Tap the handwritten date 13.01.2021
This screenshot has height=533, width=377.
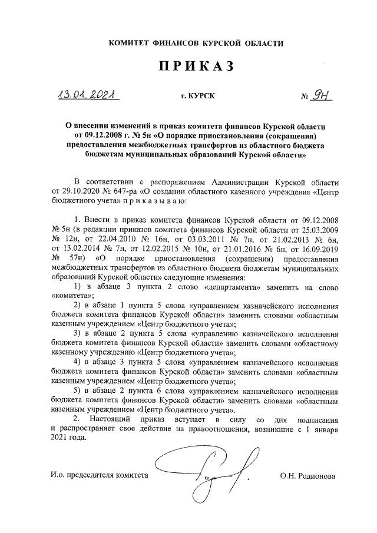tap(86, 95)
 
